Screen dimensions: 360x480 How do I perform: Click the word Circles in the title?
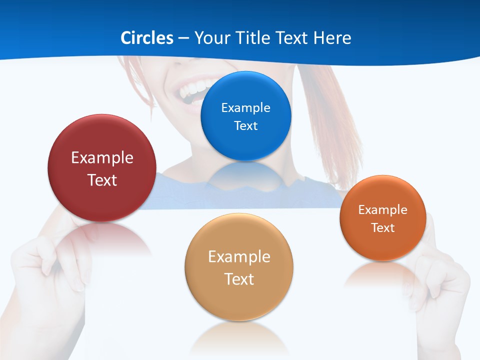pos(147,38)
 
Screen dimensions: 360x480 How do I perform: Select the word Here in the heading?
pos(332,38)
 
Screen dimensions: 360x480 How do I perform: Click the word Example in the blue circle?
pos(245,107)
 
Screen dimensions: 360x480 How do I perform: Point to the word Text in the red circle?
pos(102,180)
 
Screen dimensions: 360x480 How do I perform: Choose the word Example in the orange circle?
pos(382,209)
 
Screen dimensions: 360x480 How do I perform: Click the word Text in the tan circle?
pos(239,279)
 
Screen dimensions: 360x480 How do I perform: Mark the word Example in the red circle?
pos(102,157)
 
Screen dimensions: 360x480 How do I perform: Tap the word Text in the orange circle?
pos(382,228)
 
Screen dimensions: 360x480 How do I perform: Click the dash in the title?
pos(183,38)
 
